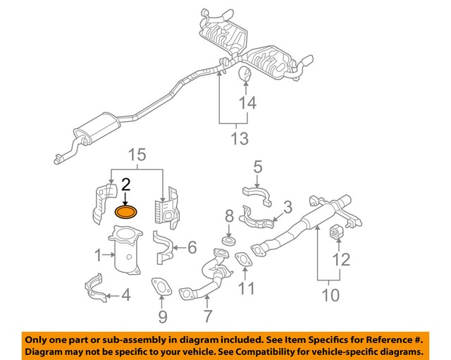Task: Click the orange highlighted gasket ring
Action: [x=127, y=212]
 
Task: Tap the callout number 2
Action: [x=126, y=185]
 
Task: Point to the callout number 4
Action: [x=125, y=295]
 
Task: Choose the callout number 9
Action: [x=163, y=316]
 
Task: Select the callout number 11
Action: [x=245, y=287]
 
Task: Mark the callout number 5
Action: [x=257, y=168]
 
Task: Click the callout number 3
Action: [x=288, y=207]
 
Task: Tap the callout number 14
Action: [x=246, y=104]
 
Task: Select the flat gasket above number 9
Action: [x=161, y=286]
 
